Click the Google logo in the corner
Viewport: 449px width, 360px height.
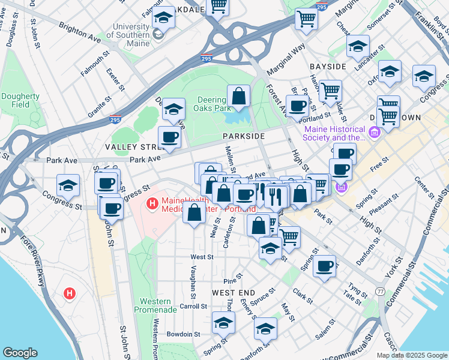tap(20, 353)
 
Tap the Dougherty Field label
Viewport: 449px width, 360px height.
tap(20, 100)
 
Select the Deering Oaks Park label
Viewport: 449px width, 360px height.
tap(212, 104)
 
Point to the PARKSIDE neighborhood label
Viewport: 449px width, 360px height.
tap(243, 136)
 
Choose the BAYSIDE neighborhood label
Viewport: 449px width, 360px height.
tap(328, 66)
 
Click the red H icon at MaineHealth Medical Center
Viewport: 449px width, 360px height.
tap(152, 205)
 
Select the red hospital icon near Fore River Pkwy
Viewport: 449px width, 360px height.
tap(70, 294)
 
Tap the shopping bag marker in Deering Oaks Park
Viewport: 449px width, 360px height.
tap(238, 96)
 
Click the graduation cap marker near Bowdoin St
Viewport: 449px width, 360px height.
tap(223, 323)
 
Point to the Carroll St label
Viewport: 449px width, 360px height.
tap(194, 306)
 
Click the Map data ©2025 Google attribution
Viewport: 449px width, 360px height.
tap(411, 355)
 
